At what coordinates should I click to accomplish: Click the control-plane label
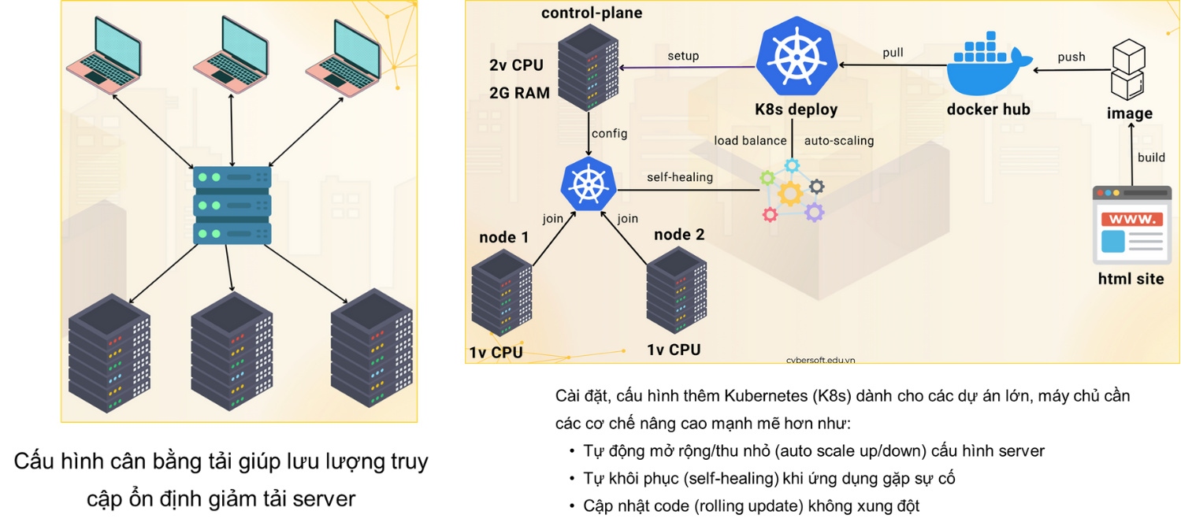(x=591, y=13)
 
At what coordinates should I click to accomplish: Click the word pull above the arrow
(x=893, y=53)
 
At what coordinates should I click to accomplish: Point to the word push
(x=1071, y=57)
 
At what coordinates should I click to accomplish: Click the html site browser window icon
(x=1131, y=224)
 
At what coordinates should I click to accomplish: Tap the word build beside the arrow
(x=1151, y=157)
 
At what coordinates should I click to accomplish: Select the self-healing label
(x=680, y=177)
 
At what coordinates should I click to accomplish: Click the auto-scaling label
(x=838, y=141)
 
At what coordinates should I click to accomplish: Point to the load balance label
(x=750, y=141)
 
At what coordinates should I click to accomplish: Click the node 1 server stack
(x=502, y=293)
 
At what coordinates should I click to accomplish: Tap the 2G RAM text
(x=520, y=92)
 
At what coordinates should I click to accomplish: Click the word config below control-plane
(x=609, y=133)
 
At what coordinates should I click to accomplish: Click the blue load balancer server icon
(x=232, y=205)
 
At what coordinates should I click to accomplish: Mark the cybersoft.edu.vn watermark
(x=820, y=360)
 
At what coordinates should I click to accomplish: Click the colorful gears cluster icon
(x=791, y=191)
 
